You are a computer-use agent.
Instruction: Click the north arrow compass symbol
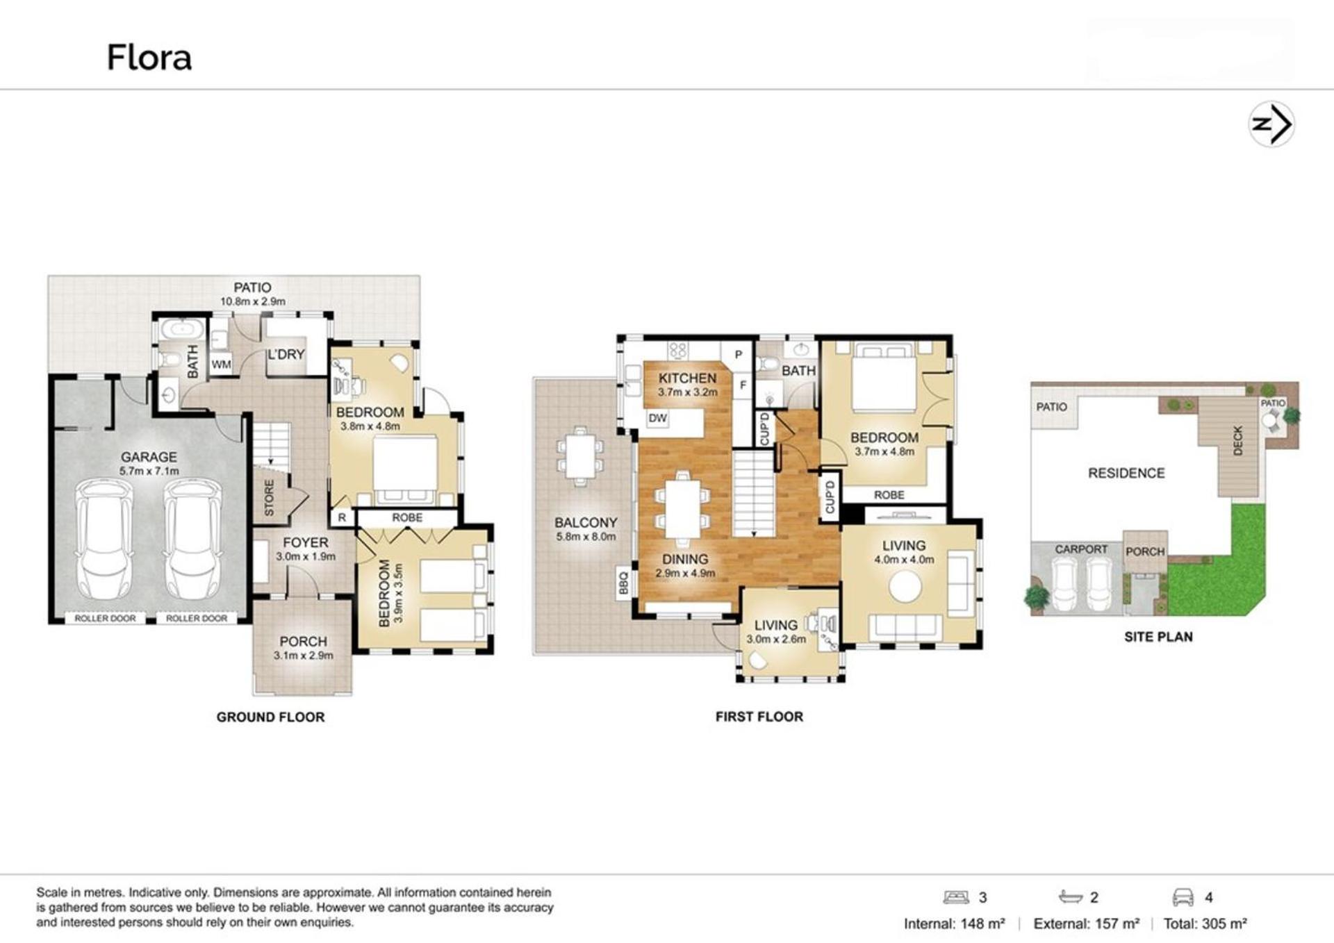coord(1271,124)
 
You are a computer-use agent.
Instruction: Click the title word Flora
coord(149,58)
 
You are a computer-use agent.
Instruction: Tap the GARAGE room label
coord(149,457)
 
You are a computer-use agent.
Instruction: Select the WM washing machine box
coord(221,364)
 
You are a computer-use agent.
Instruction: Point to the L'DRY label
coord(286,354)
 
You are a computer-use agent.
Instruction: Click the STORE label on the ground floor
coord(270,498)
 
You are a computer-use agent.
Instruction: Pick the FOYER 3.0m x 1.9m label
coord(306,549)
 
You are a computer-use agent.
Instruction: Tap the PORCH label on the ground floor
coord(303,642)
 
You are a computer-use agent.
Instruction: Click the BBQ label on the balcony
coord(623,583)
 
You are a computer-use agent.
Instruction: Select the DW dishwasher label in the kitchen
coord(657,418)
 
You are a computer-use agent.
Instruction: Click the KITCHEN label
coord(687,378)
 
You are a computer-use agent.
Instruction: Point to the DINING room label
coord(685,559)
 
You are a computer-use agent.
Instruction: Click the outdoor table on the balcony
coord(580,456)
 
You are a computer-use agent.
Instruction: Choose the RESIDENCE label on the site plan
coord(1126,473)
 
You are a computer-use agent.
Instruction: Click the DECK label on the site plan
coord(1237,441)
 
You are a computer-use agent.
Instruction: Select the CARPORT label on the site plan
coord(1081,549)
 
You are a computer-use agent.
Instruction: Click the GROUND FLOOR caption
coord(270,717)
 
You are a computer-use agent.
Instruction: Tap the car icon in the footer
coord(1183,897)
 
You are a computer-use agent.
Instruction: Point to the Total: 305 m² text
coord(1205,924)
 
